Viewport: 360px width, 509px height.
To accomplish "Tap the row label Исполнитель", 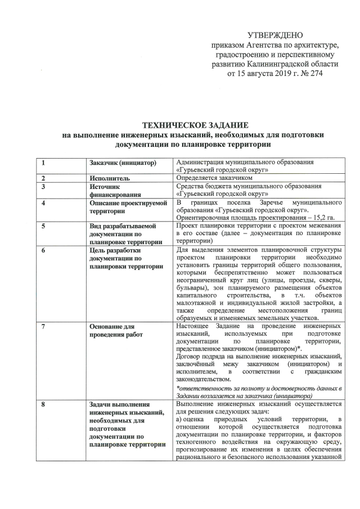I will click(x=109, y=178).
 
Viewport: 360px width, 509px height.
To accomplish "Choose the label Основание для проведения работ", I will click(x=112, y=331).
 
